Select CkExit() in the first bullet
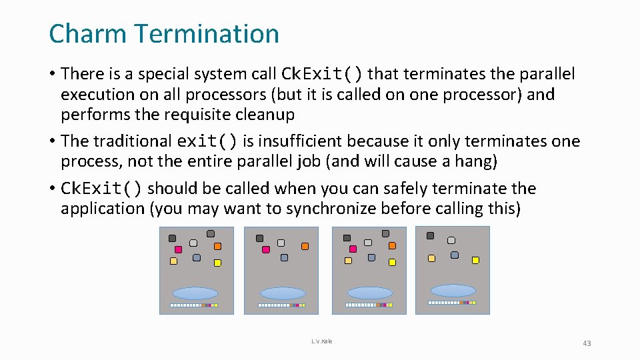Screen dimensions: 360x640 click(323, 73)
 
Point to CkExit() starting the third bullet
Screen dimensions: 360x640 click(101, 189)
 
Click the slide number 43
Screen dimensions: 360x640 click(587, 343)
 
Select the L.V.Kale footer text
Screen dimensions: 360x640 click(321, 341)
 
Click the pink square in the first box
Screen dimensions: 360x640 click(178, 249)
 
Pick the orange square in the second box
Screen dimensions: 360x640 click(305, 246)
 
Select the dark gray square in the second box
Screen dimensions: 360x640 click(259, 238)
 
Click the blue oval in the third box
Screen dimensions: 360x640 click(370, 293)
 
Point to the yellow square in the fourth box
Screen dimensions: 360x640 click(475, 259)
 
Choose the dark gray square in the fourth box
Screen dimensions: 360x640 click(430, 235)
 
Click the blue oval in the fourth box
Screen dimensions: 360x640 click(453, 290)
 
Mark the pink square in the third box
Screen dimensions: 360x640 click(353, 249)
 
